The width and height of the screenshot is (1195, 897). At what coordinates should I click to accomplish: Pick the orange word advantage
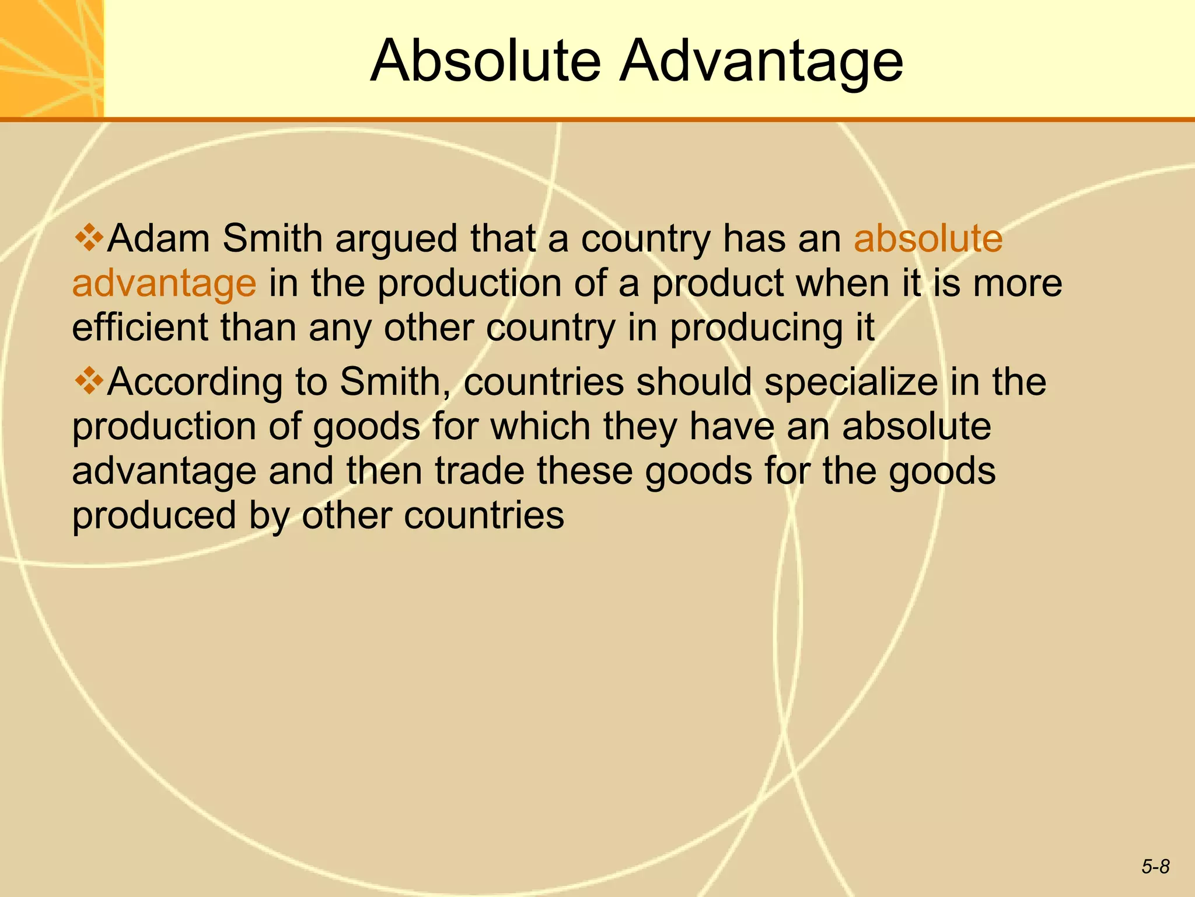coord(164,284)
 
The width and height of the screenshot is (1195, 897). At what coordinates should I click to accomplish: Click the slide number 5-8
coord(1155,867)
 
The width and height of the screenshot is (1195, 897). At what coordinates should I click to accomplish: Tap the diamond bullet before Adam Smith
coord(89,238)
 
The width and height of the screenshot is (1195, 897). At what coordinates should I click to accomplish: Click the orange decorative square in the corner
coord(51,58)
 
